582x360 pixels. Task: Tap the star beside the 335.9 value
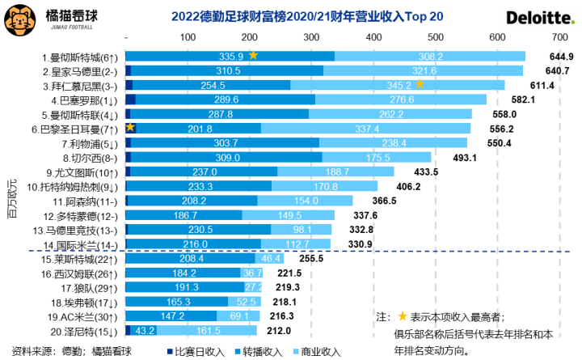(254, 55)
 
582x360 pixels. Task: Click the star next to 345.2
(420, 84)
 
